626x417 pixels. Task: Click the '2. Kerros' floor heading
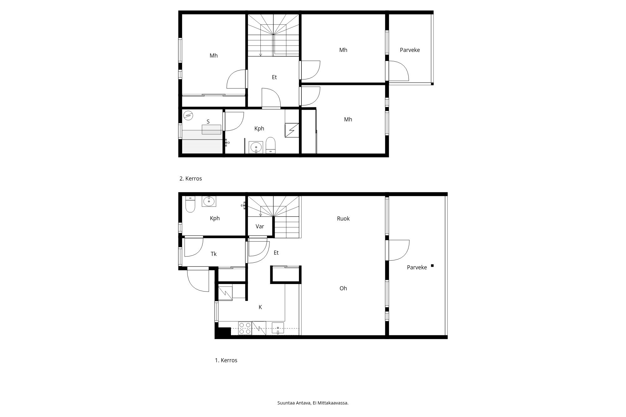191,179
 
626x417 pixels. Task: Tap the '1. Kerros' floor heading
226,360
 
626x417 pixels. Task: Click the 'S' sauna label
208,122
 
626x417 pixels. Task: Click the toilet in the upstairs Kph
270,145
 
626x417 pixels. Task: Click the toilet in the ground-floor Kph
190,204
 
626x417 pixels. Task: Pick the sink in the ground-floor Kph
208,201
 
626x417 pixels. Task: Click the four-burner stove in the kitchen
245,328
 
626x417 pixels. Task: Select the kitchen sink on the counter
278,328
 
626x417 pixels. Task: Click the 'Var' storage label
260,226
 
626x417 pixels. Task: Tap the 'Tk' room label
214,254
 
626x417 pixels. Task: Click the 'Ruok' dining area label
343,219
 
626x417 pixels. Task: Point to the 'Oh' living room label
343,288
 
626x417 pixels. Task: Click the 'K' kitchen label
260,307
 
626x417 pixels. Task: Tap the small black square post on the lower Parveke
432,266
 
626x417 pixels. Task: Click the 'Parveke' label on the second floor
410,50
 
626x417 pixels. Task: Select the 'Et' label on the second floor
274,77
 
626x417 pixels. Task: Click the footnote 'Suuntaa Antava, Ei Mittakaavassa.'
313,403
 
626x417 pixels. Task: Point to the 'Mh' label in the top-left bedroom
214,56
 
